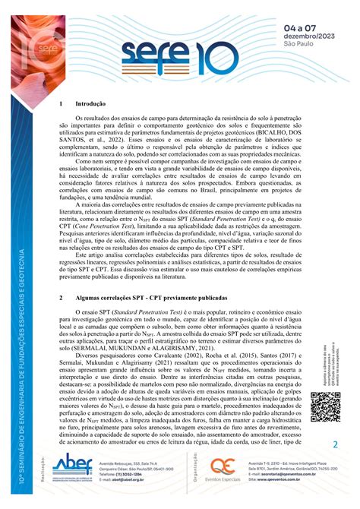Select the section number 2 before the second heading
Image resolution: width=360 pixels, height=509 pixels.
click(61, 299)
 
